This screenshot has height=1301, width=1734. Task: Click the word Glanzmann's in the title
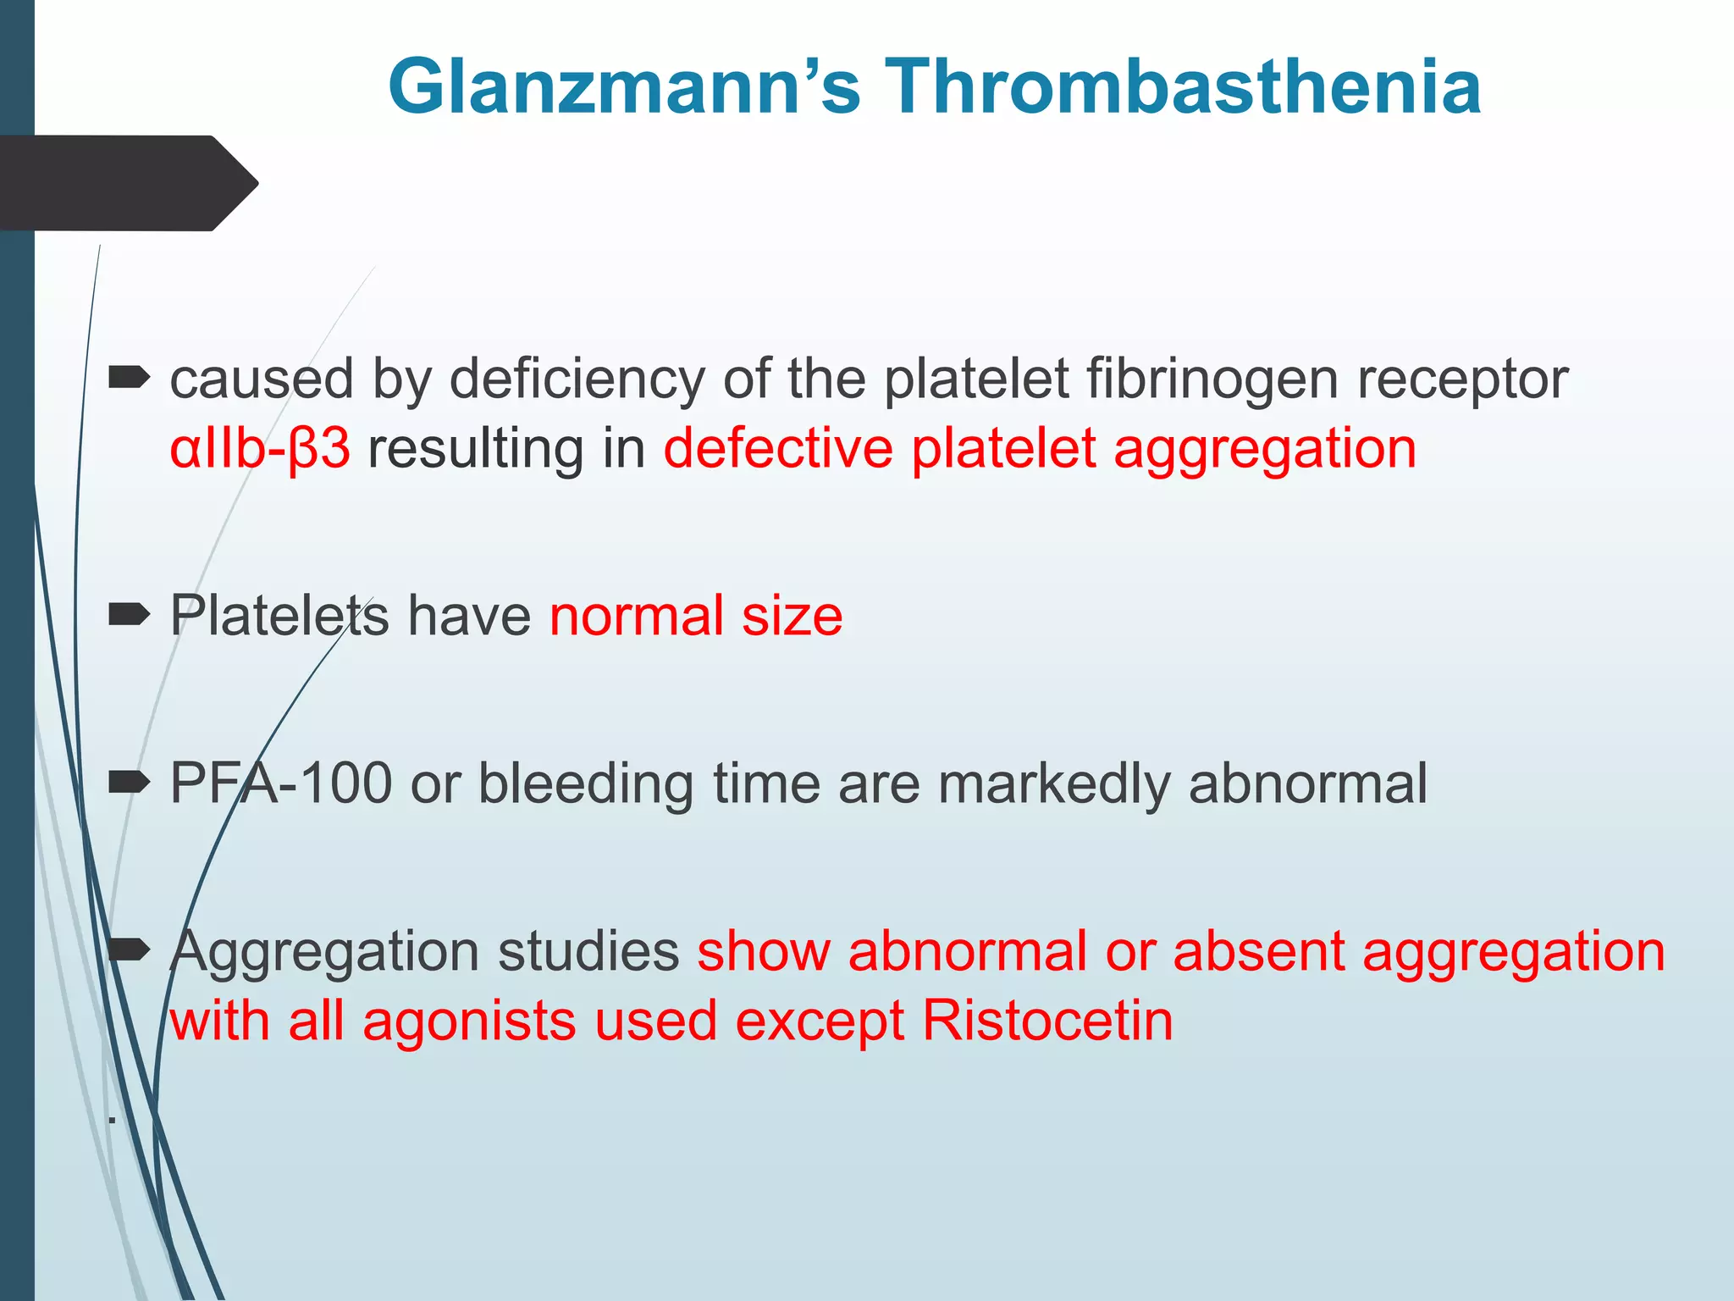tap(624, 86)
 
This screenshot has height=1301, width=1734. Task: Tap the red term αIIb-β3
tap(259, 448)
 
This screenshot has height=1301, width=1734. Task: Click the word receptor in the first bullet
tap(1462, 379)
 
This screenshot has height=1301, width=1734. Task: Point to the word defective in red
tap(777, 448)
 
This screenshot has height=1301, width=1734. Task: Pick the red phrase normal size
tap(696, 615)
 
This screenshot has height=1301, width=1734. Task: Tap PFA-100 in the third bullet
tap(280, 783)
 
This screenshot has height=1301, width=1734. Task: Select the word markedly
tap(1053, 783)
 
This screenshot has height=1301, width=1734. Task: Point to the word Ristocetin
tap(1047, 1020)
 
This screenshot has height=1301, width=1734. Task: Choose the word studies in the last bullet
tap(588, 950)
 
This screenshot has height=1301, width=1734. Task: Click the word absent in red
tap(1258, 950)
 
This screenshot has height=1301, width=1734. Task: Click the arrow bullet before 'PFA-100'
tap(130, 781)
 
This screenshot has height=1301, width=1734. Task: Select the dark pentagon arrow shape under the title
tap(127, 183)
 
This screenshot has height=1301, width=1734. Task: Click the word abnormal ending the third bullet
tap(1308, 783)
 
